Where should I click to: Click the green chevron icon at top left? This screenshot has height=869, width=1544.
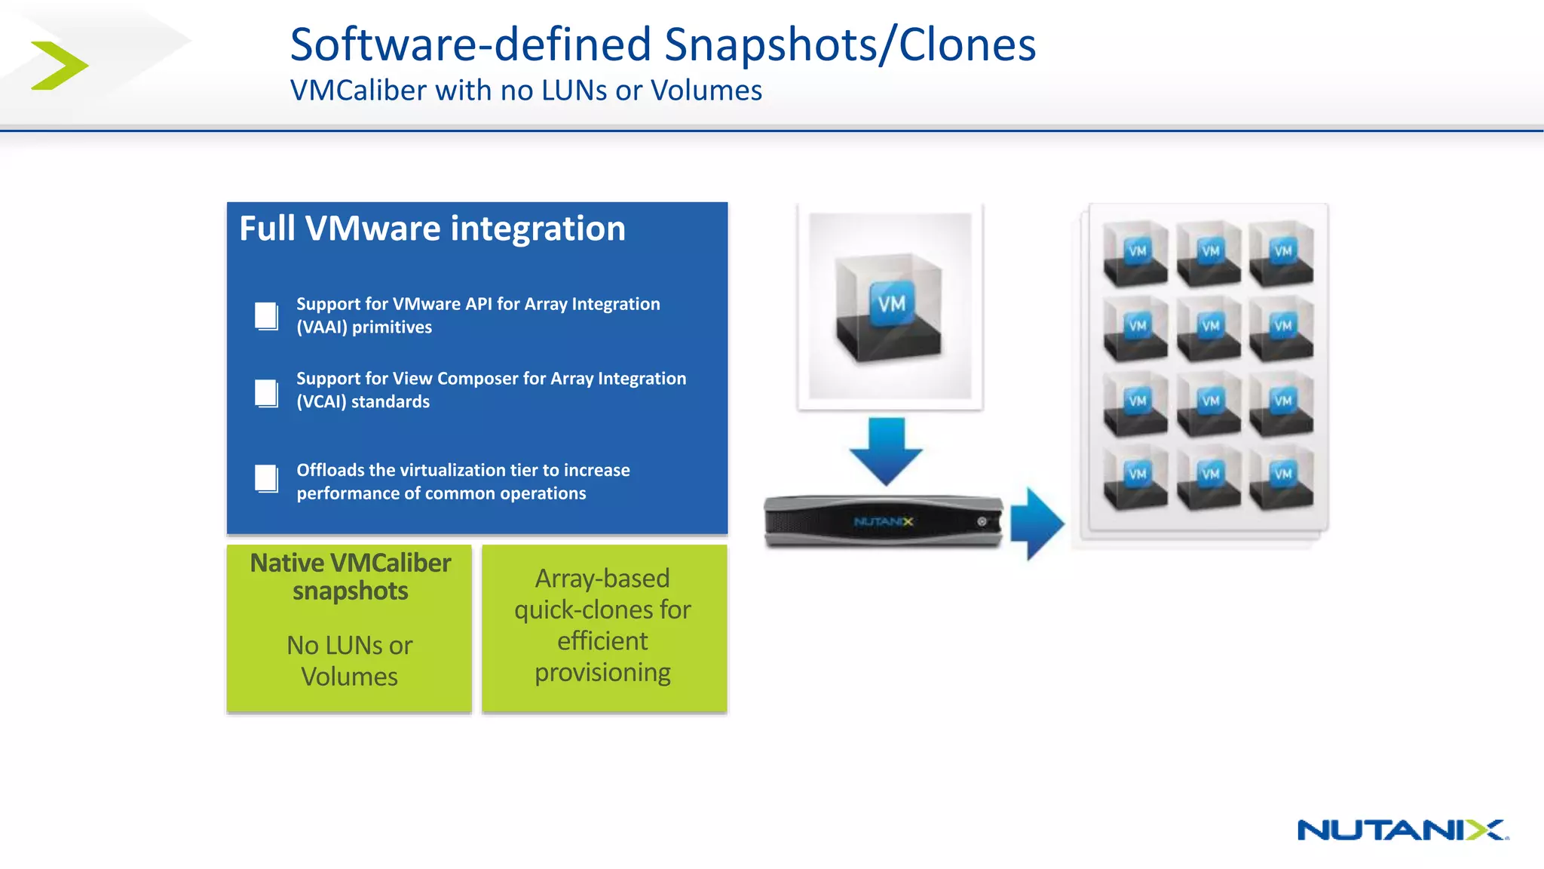(59, 66)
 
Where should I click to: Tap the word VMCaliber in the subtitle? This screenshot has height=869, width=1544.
(359, 91)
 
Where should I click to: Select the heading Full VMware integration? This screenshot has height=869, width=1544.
(432, 229)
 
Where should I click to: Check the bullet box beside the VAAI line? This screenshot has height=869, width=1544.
(266, 316)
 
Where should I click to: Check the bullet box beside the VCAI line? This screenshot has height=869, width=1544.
(266, 393)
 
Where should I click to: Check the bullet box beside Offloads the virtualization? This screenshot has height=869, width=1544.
(266, 478)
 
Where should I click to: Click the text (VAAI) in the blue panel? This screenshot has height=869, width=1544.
(322, 327)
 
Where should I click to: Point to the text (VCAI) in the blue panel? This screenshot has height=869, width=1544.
(321, 402)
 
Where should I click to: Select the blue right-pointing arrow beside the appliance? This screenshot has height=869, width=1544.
(1037, 523)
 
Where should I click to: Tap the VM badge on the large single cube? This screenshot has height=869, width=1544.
(892, 304)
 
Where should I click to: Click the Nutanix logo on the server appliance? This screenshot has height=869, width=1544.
(883, 521)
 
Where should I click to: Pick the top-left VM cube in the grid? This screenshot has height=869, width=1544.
(1135, 253)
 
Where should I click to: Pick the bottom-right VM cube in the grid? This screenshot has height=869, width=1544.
(1282, 477)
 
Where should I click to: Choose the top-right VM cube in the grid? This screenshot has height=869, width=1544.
(1282, 253)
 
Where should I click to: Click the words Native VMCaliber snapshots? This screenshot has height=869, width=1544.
(350, 577)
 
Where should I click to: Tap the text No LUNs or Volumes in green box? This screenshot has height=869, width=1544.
(349, 661)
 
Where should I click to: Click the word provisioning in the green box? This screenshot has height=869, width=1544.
(602, 672)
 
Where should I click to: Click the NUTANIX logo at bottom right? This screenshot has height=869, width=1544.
(1402, 830)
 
